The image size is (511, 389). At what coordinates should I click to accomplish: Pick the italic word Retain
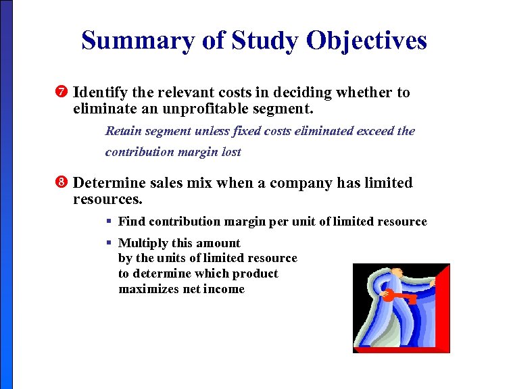[123, 130]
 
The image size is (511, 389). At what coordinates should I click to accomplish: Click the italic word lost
[230, 152]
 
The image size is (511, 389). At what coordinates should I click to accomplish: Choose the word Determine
[109, 183]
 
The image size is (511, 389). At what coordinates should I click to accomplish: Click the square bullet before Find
[109, 222]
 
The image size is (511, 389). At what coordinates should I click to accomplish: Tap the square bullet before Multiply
[109, 243]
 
